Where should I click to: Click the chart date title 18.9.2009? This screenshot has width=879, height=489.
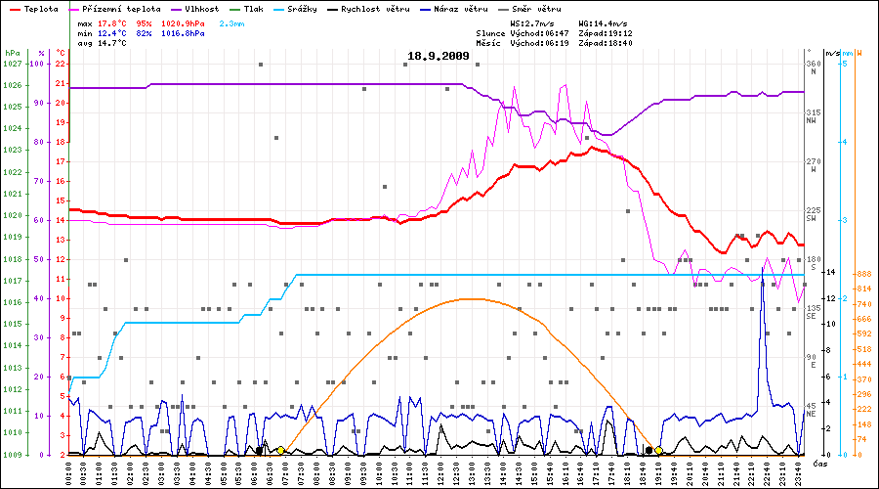(x=439, y=57)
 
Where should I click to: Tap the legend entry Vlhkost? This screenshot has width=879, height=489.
(x=201, y=9)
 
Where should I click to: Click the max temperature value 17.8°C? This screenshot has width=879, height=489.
(x=112, y=22)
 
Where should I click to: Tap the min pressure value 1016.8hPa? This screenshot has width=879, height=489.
(x=183, y=33)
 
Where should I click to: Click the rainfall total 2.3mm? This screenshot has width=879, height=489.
(x=232, y=22)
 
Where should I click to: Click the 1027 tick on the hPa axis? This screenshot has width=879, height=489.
(x=13, y=64)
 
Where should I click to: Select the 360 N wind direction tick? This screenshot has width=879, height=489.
(x=812, y=66)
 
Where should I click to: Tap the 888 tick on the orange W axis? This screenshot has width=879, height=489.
(x=863, y=275)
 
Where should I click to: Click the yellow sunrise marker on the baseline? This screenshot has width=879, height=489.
(x=280, y=451)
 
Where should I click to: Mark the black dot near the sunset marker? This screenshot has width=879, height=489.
(x=649, y=450)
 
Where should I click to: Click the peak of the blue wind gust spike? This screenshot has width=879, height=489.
(x=763, y=265)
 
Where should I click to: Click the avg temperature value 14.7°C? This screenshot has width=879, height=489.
(x=112, y=44)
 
